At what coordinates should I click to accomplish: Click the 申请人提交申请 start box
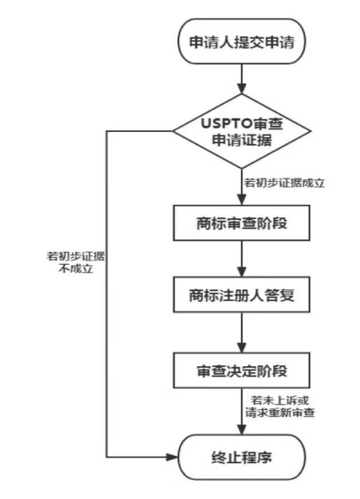[x=242, y=41]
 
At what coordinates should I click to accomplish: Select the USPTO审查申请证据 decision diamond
[x=242, y=131]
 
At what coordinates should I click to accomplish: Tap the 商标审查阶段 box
[x=242, y=222]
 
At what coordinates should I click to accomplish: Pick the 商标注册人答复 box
[x=242, y=294]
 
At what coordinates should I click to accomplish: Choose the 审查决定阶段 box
[x=242, y=370]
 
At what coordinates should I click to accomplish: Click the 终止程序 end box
[x=242, y=458]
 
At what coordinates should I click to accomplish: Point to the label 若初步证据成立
[x=284, y=183]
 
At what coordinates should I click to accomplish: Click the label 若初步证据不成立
[x=76, y=262]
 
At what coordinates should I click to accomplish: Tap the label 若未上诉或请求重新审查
[x=280, y=407]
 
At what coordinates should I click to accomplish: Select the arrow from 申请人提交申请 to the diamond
[x=242, y=79]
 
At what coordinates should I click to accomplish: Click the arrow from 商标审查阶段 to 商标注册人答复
[x=242, y=259]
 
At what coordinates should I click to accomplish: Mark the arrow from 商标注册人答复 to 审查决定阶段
[x=242, y=332]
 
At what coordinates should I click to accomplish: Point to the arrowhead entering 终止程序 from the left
[x=172, y=458]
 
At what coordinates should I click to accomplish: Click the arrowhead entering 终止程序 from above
[x=242, y=430]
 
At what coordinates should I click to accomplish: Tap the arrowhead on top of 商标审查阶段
[x=242, y=200]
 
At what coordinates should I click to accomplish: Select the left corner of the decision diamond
[x=172, y=131]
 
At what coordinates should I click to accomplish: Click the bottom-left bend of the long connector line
[x=106, y=458]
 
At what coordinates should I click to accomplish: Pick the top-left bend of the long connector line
[x=106, y=131]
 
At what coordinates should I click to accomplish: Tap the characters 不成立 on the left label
[x=76, y=269]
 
